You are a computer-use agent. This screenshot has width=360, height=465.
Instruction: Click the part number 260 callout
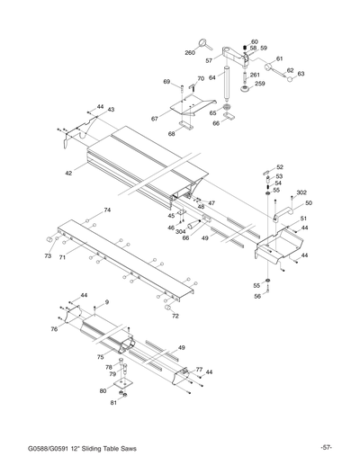click(x=190, y=53)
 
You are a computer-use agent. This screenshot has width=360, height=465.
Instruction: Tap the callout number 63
click(x=301, y=75)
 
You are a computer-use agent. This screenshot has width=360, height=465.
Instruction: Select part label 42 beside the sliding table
click(x=68, y=172)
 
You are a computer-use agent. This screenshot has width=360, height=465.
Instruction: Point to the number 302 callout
click(x=301, y=193)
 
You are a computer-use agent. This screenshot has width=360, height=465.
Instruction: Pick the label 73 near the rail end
click(x=48, y=256)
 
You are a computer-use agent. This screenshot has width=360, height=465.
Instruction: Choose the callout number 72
click(x=175, y=317)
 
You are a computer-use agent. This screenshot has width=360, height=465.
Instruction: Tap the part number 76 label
click(x=54, y=330)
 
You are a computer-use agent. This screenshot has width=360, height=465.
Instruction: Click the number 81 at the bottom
click(x=114, y=402)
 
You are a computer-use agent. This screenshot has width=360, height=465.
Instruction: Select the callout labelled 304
click(x=180, y=231)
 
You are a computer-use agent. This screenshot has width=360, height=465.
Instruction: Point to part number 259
click(x=259, y=84)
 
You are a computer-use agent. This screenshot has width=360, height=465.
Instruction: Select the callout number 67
click(x=155, y=118)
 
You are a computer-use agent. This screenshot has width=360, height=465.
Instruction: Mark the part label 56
click(x=256, y=296)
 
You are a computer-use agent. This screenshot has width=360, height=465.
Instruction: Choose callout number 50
click(x=309, y=203)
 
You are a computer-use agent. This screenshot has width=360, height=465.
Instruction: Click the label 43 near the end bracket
click(x=111, y=110)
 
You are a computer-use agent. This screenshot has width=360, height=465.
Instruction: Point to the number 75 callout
click(x=100, y=357)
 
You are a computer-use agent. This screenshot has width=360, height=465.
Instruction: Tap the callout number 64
click(x=212, y=77)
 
